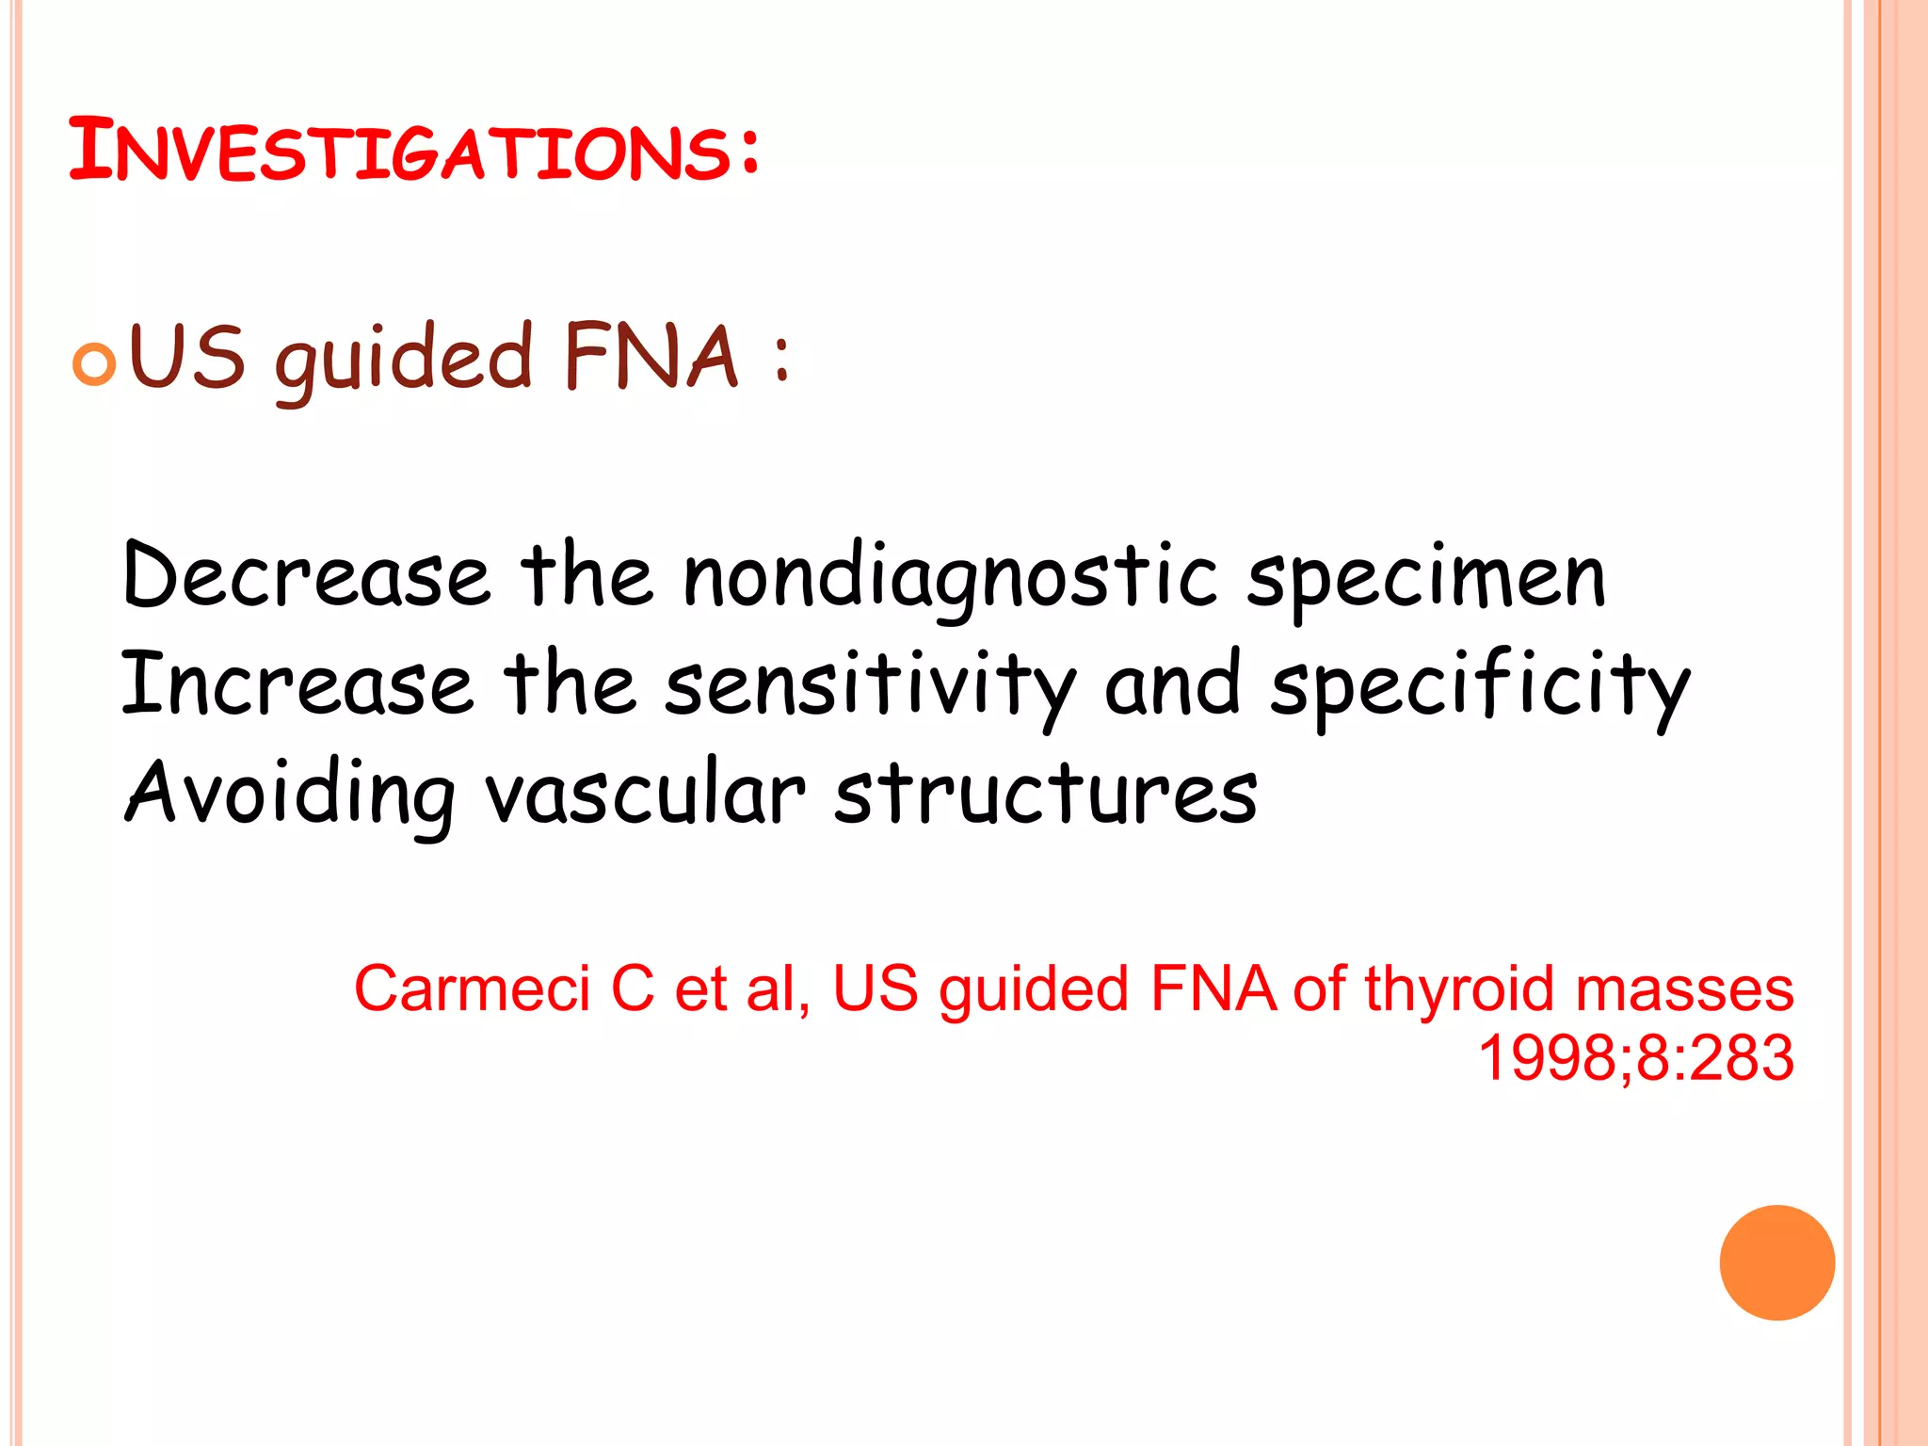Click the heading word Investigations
click(x=414, y=151)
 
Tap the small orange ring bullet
click(x=94, y=364)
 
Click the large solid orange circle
click(x=1776, y=1262)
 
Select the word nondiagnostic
click(x=951, y=576)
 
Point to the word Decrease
click(x=306, y=574)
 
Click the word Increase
click(x=297, y=683)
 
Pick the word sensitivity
click(x=870, y=685)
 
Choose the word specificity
click(x=1480, y=685)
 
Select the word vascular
click(x=645, y=793)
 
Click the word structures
click(x=1045, y=793)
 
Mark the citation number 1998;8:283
click(x=1636, y=1058)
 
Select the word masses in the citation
click(x=1685, y=990)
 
